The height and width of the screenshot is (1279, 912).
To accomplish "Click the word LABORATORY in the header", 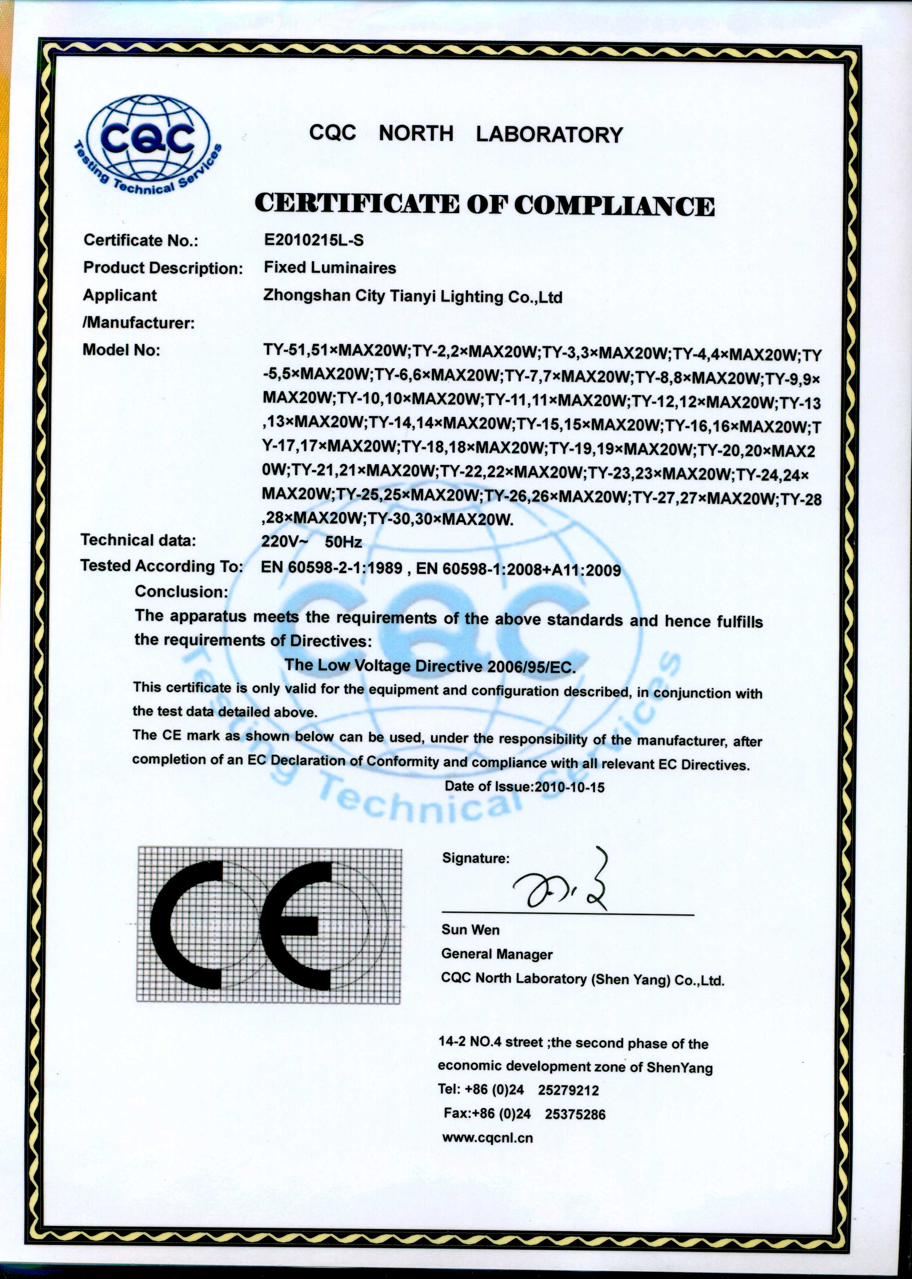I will click(549, 135).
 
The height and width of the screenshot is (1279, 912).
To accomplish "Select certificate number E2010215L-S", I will click(314, 240).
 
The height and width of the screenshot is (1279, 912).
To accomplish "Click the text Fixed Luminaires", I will click(329, 268).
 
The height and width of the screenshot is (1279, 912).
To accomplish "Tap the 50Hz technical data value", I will click(343, 543).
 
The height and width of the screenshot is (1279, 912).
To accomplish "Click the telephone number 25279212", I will click(568, 1090).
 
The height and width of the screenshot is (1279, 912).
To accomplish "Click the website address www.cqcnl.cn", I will click(487, 1138).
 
